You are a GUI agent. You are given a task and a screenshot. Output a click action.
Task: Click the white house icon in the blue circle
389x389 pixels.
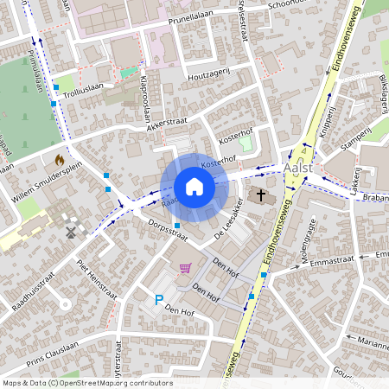tap(194, 186)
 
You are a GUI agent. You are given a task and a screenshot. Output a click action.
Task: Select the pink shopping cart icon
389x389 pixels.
tap(184, 269)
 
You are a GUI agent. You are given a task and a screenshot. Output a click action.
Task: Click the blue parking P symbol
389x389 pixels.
tap(158, 300)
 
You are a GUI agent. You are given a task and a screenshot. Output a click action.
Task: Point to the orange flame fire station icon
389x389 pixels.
tap(59, 160)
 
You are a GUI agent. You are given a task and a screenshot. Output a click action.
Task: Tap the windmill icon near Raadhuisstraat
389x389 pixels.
tap(71, 231)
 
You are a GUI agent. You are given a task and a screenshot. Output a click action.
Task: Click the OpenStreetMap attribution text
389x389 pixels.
tap(86, 383)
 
